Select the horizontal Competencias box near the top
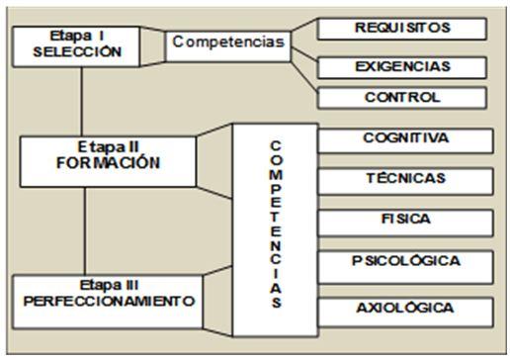click(226, 43)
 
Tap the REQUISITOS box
click(401, 28)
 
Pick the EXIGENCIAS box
click(401, 65)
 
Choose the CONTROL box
click(401, 98)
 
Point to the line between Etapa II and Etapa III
click(85, 227)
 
